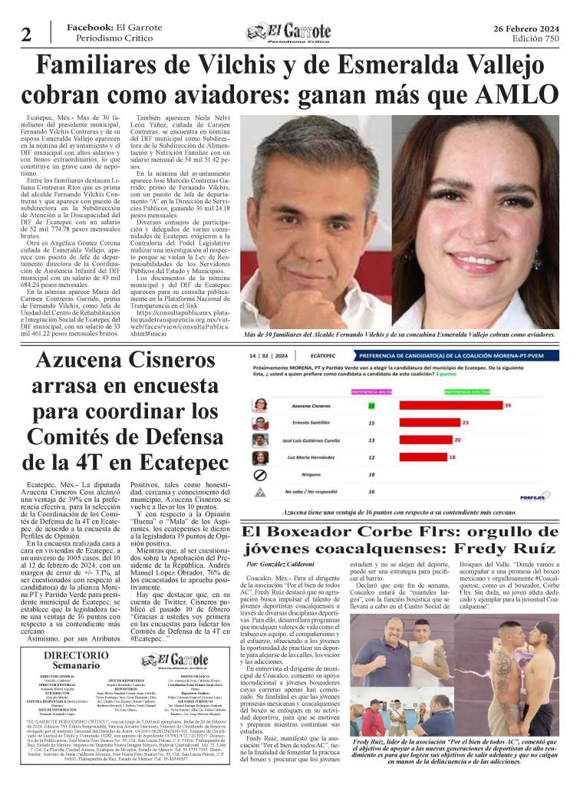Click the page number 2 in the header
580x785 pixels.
click(x=26, y=34)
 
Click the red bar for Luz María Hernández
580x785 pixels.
click(x=413, y=457)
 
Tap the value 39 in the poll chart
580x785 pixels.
click(x=508, y=404)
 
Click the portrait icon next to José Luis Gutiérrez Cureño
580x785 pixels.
click(x=259, y=440)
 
